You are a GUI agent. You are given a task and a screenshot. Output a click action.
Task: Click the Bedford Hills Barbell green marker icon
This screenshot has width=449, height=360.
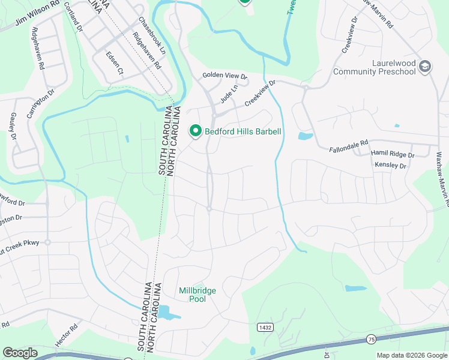coord(195,131)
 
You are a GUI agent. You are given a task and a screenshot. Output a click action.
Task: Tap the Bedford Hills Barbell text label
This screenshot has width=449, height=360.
coord(243,131)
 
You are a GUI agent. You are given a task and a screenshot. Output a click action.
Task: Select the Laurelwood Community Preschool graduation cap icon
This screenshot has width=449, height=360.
coord(426,66)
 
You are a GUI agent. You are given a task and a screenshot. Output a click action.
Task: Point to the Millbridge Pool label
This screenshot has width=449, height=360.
coord(197,295)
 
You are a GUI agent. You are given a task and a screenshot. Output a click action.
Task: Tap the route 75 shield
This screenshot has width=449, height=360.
coord(372,339)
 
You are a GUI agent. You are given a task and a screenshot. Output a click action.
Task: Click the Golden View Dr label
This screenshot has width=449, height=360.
coord(224,76)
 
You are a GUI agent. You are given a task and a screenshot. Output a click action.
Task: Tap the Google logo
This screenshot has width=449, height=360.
coord(20,352)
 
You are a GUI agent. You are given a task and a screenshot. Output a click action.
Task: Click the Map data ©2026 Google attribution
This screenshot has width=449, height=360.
coord(412,355)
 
